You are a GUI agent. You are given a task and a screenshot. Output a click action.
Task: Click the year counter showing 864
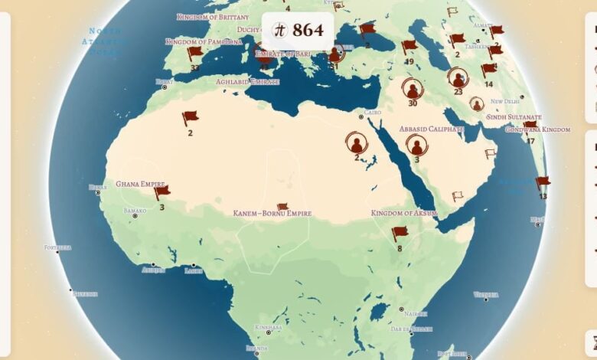pos(298,31)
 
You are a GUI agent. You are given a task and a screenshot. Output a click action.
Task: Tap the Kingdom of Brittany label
pos(213,17)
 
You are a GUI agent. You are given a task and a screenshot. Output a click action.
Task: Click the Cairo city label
pos(372,113)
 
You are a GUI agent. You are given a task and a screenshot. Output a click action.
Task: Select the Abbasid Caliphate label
pos(432,129)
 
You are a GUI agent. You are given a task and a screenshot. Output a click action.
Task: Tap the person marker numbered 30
pos(413,89)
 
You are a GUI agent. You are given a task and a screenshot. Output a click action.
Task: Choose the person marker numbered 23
pos(458,78)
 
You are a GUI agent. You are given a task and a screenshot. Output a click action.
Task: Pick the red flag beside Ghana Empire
pos(161,191)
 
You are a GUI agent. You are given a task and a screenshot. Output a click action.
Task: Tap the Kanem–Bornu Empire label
pos(272,214)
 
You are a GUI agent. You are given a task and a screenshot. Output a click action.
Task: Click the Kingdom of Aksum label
pos(403,213)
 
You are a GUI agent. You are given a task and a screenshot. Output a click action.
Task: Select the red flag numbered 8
pos(400,233)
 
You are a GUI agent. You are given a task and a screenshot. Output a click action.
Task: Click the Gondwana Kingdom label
pos(537,129)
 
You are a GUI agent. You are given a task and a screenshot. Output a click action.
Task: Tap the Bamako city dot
pos(135,216)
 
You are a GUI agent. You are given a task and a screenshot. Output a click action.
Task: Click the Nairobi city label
pos(416,313)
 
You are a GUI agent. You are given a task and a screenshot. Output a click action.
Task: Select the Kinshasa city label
pos(269,327)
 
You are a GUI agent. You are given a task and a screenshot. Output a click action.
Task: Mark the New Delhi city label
pos(505,101)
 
